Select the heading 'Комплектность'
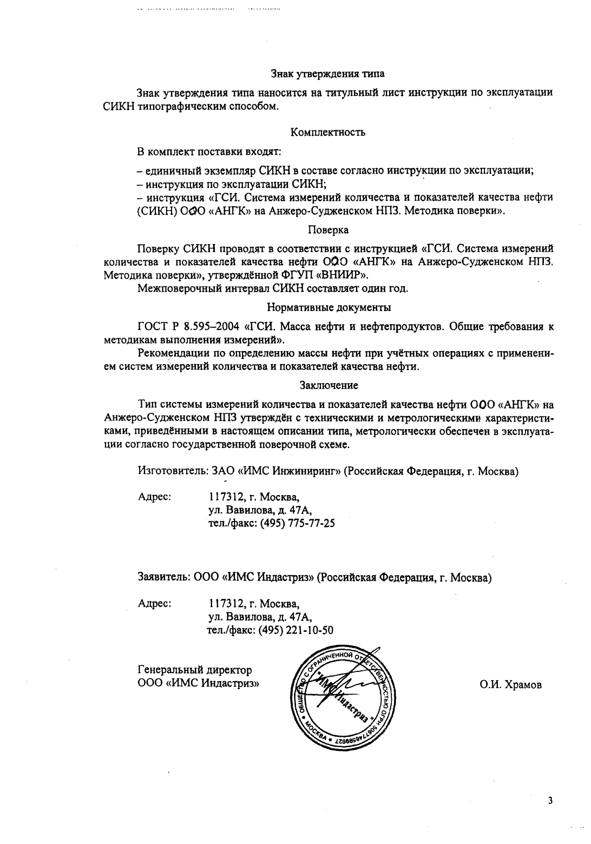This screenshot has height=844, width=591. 327,132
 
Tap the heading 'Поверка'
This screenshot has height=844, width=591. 328,230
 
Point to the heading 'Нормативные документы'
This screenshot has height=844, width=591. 329,308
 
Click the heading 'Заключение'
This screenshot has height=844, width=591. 329,386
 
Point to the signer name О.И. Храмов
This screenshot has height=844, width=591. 510,685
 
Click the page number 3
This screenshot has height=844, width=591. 550,801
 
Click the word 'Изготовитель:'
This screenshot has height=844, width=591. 170,471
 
